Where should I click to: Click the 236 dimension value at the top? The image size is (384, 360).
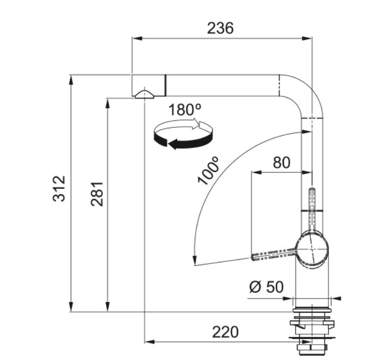point(220,28)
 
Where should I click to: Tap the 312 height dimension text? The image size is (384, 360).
point(59,188)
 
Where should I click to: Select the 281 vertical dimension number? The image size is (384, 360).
point(97,194)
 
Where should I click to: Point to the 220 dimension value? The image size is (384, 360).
point(225,332)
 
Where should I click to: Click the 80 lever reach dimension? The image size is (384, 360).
point(282,162)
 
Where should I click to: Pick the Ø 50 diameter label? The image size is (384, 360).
point(266,287)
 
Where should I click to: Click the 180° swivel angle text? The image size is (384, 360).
point(185,110)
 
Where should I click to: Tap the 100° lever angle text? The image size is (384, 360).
point(208,170)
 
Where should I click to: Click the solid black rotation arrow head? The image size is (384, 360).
point(173,144)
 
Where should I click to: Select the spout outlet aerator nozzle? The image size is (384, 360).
point(144,94)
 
